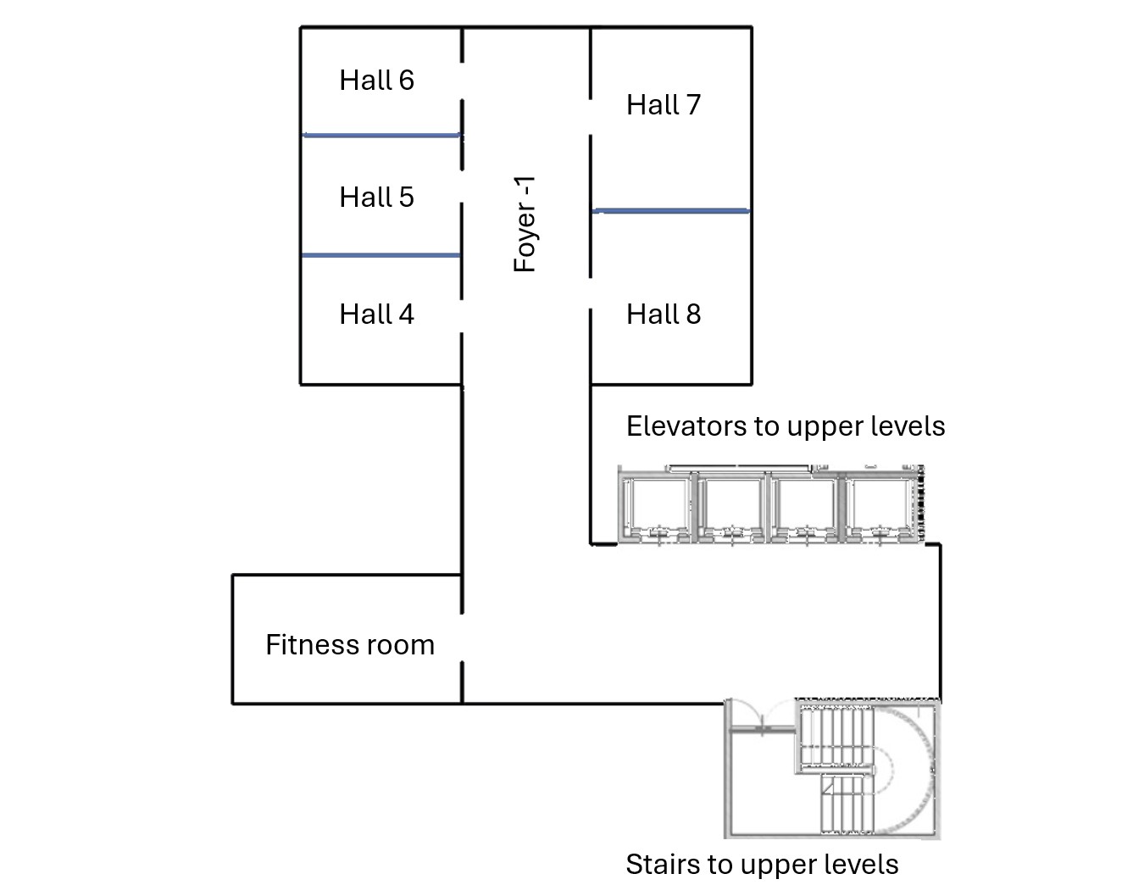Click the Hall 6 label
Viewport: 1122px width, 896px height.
coord(376,81)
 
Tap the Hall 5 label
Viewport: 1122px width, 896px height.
coord(376,198)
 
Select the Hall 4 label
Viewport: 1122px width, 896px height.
coord(376,314)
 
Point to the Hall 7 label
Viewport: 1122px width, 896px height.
coord(664,105)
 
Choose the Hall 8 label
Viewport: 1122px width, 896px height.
coord(664,314)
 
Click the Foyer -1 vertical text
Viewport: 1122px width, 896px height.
coord(525,224)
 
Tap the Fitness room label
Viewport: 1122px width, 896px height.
coord(350,645)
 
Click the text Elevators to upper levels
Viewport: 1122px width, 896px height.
coord(786,426)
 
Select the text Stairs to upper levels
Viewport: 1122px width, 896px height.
coord(762,865)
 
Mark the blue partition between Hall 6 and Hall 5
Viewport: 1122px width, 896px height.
coord(381,135)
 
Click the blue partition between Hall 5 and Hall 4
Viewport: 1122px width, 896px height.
coord(381,255)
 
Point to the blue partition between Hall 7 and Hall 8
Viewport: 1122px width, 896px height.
coord(670,210)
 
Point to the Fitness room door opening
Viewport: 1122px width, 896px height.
coord(462,637)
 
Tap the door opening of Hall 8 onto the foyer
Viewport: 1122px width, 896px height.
coord(591,293)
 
